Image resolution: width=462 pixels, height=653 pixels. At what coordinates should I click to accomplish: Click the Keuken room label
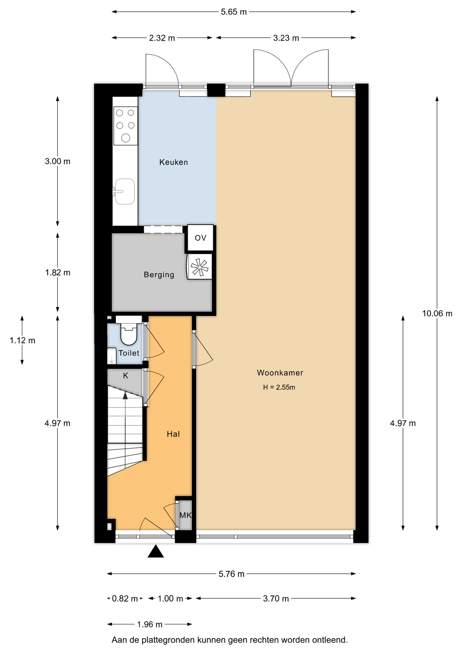tap(174, 162)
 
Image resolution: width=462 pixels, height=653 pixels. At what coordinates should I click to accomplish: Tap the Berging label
tap(159, 274)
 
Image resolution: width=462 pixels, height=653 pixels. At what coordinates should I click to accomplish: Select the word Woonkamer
tap(280, 373)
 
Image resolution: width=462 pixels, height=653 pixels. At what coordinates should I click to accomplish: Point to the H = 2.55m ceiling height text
tap(279, 387)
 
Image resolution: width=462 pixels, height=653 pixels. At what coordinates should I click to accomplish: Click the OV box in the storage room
tap(200, 238)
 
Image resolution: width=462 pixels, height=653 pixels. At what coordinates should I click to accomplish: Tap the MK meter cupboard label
tap(185, 515)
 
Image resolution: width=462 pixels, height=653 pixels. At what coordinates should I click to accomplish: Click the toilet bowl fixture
tap(129, 334)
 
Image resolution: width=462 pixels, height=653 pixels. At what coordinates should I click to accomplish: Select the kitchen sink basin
tap(125, 191)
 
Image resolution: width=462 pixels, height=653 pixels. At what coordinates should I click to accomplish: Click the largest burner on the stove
tap(126, 138)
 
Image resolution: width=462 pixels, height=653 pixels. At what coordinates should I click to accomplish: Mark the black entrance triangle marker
tap(156, 552)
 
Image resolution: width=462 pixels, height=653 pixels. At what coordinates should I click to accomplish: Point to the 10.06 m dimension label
tap(437, 314)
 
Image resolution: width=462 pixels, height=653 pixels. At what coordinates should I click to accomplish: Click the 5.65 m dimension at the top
tap(234, 12)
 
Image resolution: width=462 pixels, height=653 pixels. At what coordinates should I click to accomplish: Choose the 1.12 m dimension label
tap(22, 340)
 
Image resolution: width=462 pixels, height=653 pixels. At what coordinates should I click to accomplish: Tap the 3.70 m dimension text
tap(276, 599)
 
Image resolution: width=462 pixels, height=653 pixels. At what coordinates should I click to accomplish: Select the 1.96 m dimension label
tap(150, 624)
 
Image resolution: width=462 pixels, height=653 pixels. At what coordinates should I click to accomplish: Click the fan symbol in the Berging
tap(199, 267)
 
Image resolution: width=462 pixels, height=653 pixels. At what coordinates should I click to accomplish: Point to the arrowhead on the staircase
tap(125, 395)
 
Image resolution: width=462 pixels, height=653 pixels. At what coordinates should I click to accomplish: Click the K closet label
tap(126, 376)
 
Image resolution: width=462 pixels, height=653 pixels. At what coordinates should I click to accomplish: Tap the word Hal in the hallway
tap(173, 434)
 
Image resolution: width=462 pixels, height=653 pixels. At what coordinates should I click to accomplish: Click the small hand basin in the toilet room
tap(112, 356)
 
